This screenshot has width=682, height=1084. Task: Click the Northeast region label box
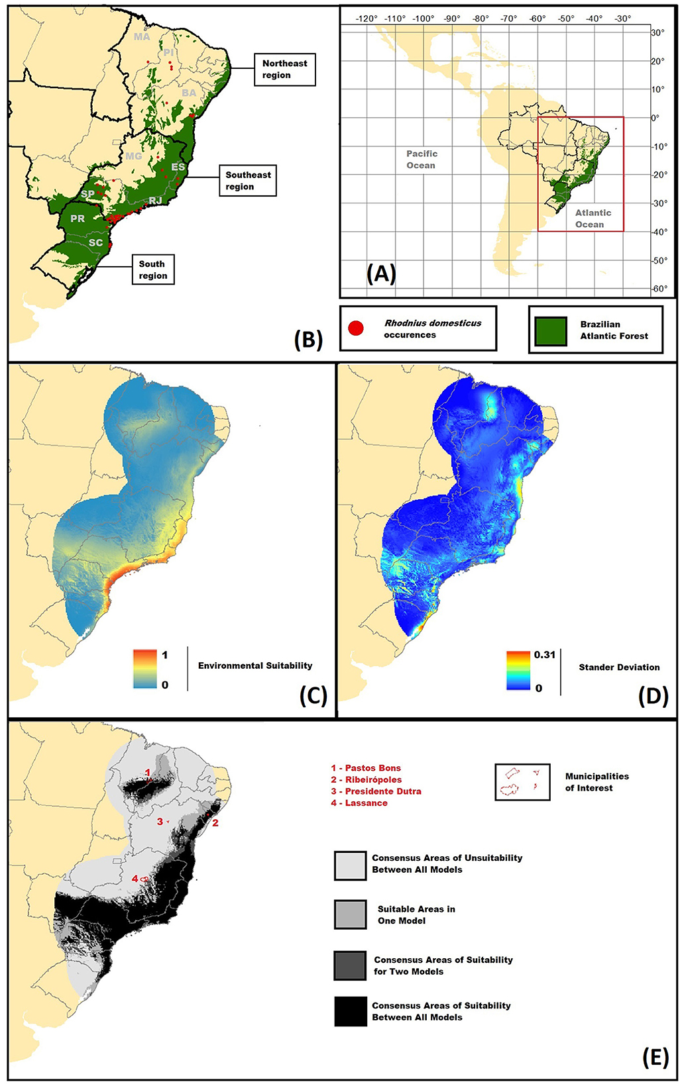285,70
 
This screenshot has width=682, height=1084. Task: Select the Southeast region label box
248,181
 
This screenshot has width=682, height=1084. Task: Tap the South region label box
152,270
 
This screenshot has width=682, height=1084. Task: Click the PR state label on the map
78,219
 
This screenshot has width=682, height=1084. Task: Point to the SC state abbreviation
96,242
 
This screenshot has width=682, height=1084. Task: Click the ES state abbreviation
178,167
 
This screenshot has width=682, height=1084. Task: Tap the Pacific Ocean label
422,160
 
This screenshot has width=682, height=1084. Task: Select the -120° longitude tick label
367,19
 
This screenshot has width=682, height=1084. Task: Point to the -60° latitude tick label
659,289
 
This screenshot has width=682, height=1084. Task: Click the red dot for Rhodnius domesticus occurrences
356,328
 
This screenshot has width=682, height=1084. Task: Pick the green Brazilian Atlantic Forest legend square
551,330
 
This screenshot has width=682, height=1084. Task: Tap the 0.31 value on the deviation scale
544,655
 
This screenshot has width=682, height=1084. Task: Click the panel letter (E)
655,1058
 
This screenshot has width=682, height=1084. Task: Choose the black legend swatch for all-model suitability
351,1011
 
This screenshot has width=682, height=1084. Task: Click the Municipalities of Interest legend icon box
522,782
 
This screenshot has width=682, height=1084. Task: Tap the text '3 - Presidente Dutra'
376,791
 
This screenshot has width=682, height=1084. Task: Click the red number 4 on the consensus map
135,879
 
